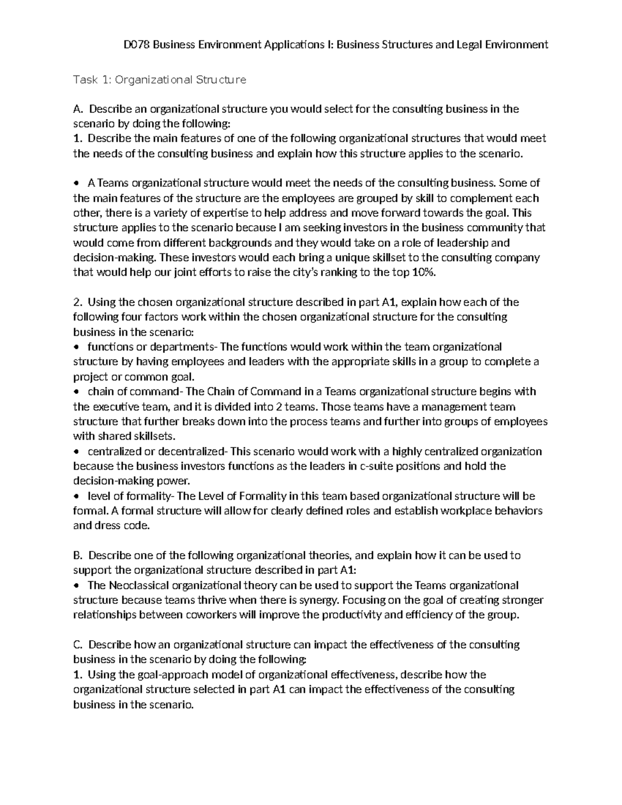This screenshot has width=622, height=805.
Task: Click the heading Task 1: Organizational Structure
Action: click(160, 80)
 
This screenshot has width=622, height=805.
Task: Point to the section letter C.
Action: click(78, 644)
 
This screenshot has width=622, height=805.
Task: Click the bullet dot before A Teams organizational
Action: click(77, 183)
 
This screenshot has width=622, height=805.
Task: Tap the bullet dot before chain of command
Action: click(77, 392)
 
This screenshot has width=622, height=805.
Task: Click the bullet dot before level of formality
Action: click(77, 497)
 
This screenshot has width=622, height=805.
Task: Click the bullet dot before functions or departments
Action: click(77, 347)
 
